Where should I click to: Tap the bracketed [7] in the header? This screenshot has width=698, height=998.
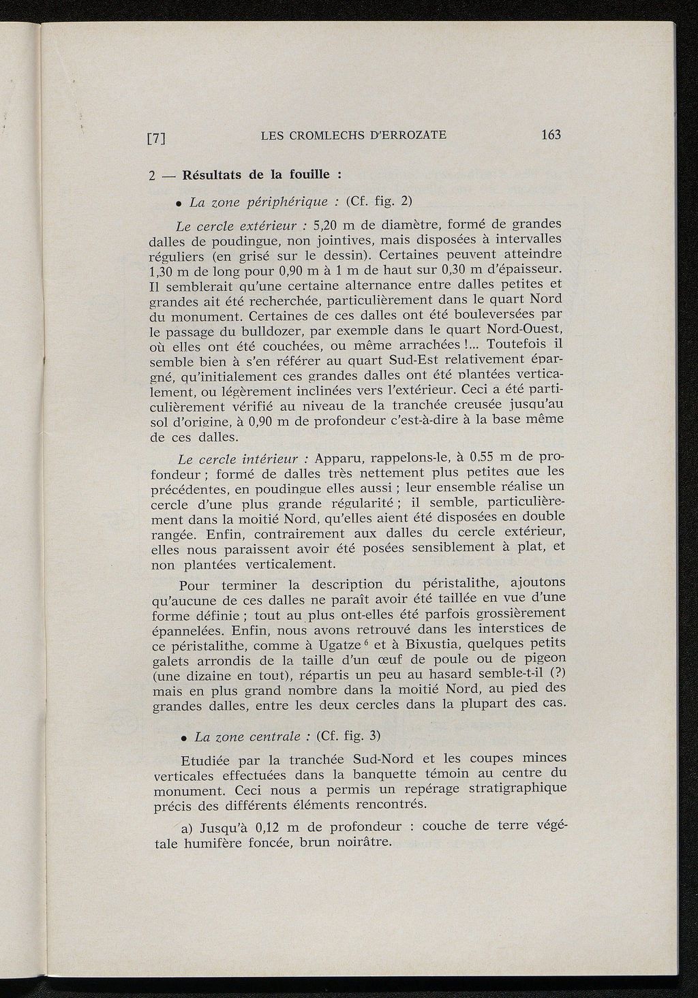click(157, 138)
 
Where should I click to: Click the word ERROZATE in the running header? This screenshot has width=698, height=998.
click(413, 135)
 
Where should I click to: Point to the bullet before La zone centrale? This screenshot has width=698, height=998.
click(184, 738)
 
